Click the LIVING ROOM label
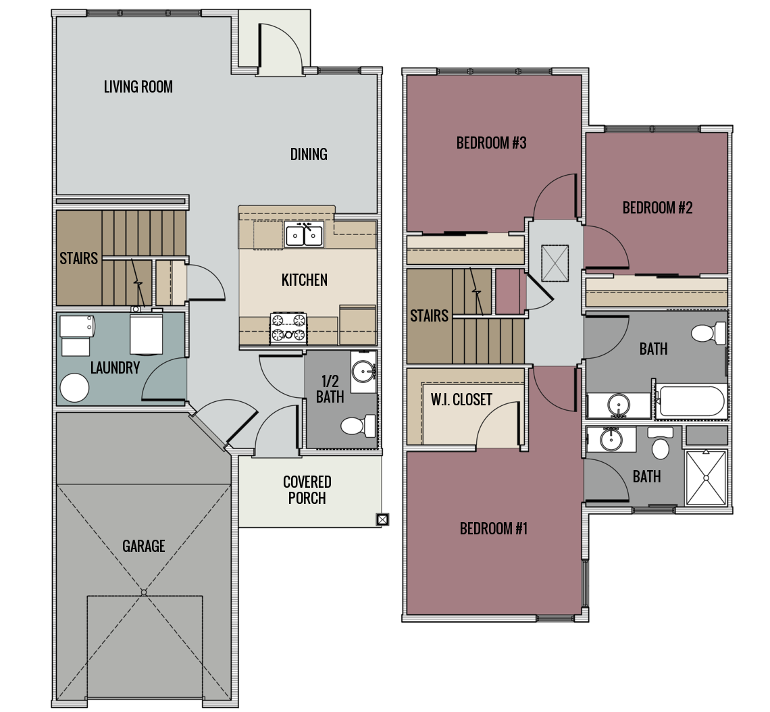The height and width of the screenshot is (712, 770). point(138,86)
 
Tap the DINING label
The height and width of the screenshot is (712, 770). point(309,154)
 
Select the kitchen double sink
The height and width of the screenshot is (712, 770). point(304,234)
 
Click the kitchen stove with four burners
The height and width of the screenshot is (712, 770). point(288,328)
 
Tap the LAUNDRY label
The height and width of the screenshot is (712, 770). point(115,367)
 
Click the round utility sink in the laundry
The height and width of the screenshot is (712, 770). point(74,388)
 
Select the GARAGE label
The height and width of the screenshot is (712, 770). point(143,545)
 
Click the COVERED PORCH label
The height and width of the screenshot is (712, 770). point(307,490)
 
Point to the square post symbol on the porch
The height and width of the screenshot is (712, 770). point(382,519)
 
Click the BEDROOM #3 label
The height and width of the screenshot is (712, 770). point(491,143)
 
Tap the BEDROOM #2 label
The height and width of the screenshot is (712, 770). point(657,207)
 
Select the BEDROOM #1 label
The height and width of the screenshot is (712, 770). point(493,528)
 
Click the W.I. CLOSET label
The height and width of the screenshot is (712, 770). point(461,399)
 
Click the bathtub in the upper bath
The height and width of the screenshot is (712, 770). point(691,401)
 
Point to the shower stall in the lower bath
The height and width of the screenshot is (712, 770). point(706,477)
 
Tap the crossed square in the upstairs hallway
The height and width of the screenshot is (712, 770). point(555,263)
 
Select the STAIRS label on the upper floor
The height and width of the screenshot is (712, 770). point(429,315)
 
